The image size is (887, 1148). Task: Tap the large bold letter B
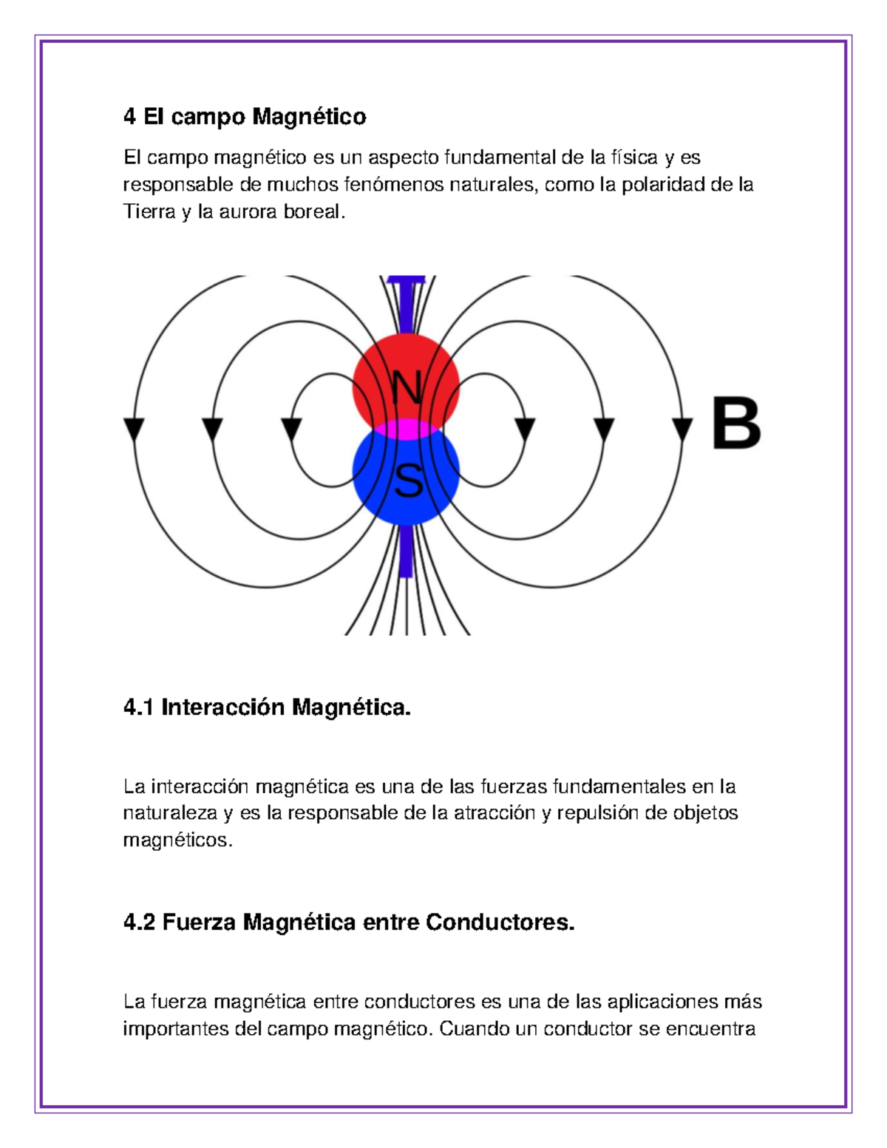tap(736, 424)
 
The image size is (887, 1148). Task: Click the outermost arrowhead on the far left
tap(134, 429)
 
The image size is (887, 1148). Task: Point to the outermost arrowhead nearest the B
tap(682, 429)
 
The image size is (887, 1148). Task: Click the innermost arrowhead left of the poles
tap(292, 429)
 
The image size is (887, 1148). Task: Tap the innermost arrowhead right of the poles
tap(525, 429)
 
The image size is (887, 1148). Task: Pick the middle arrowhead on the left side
tap(212, 429)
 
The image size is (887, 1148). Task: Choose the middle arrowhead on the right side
tap(604, 429)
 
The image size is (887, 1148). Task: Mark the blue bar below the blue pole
tap(405, 551)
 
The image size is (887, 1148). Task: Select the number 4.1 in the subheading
tap(139, 708)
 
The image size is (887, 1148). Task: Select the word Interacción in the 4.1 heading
tap(223, 708)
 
